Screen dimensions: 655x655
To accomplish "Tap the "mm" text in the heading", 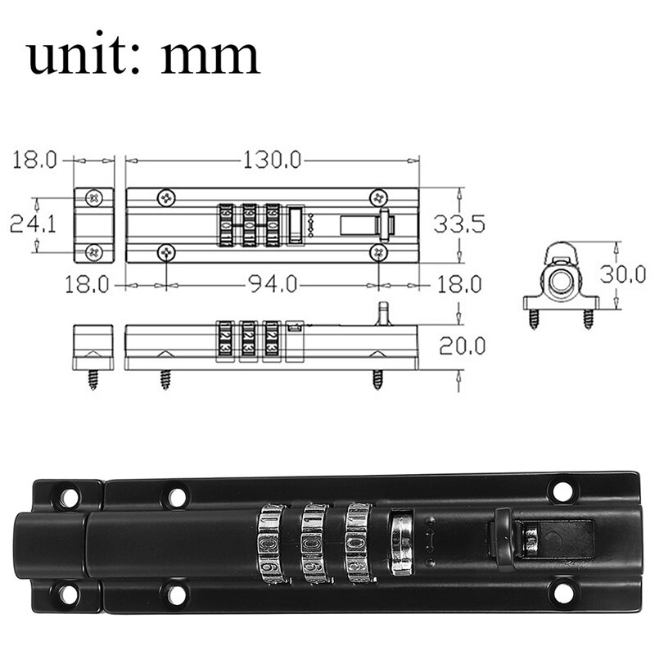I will click(x=210, y=57).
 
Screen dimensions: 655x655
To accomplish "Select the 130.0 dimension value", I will click(x=271, y=160).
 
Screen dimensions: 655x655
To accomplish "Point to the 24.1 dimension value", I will click(x=33, y=224).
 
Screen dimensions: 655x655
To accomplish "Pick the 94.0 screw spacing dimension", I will click(x=271, y=285).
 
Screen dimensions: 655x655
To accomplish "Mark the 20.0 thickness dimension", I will click(x=462, y=346).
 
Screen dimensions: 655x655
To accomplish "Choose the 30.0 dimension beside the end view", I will click(x=623, y=273).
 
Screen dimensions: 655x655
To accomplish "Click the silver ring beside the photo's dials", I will click(x=401, y=543).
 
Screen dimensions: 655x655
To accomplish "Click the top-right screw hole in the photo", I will click(x=562, y=491).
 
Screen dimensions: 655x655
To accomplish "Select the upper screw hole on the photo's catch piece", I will click(x=69, y=497).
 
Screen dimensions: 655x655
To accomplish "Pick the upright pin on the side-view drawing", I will click(x=381, y=314).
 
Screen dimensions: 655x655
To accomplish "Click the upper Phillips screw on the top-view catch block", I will click(x=94, y=197).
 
